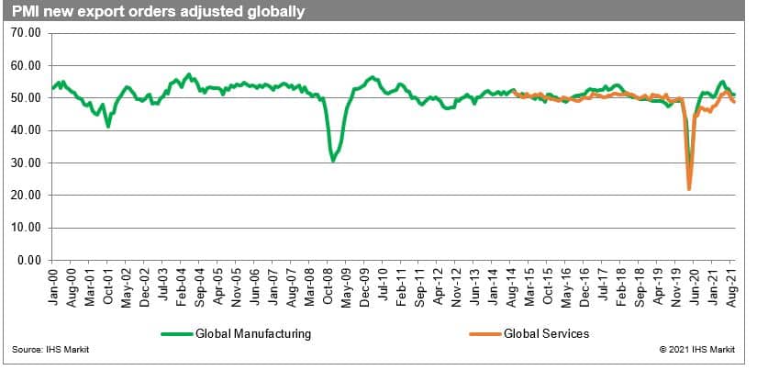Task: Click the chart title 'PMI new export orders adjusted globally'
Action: pos(155,12)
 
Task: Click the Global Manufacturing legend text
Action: pos(253,334)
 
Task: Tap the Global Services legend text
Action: pos(547,334)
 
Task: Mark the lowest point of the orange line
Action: pos(688,189)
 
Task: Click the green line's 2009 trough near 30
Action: pos(333,161)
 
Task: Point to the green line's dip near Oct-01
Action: pos(108,126)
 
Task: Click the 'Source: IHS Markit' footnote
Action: pos(45,351)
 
